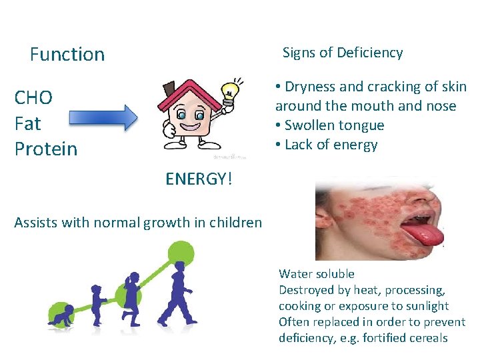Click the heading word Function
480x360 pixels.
click(67, 55)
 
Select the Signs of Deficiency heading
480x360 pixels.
click(343, 53)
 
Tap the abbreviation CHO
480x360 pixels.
click(33, 98)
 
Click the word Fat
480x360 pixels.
click(27, 123)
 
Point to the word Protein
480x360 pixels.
click(46, 149)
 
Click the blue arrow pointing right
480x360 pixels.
click(103, 119)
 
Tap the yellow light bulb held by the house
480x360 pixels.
click(230, 91)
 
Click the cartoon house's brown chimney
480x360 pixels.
click(168, 88)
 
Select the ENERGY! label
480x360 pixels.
click(199, 178)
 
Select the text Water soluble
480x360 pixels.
click(317, 273)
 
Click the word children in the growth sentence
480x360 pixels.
click(236, 223)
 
